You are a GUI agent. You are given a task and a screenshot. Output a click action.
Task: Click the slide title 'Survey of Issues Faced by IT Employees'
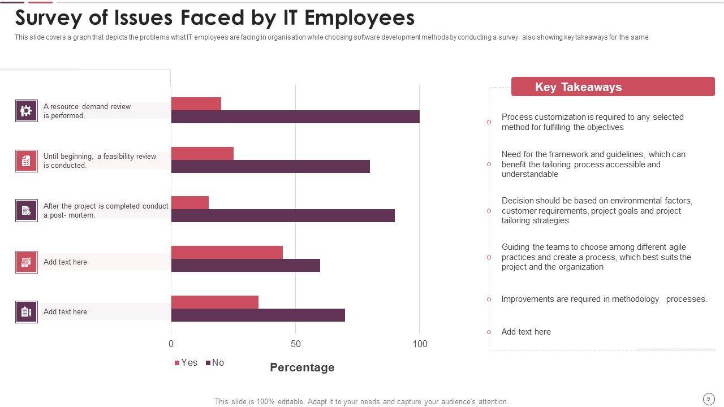coord(215,18)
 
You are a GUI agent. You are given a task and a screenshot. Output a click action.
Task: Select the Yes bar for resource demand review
coord(196,104)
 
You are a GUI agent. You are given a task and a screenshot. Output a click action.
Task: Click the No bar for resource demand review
coord(295,117)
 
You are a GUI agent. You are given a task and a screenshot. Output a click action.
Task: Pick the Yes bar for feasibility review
coord(202,154)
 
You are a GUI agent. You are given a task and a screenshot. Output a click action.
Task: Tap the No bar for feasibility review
coord(270,166)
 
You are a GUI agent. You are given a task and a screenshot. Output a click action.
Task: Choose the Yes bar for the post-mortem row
coord(190,203)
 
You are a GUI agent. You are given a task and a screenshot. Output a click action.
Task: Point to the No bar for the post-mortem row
coord(283,216)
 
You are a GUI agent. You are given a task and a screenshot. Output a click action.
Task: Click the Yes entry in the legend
coord(186,363)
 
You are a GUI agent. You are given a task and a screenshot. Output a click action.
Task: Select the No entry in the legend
coord(215,363)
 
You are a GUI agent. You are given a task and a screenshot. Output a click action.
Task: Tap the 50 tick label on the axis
coord(296,344)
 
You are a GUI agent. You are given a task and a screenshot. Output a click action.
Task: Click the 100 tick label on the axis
coord(420,344)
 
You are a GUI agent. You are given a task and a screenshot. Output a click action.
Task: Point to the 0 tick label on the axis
coord(171,344)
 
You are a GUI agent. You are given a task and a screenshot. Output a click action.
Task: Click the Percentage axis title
coord(302,367)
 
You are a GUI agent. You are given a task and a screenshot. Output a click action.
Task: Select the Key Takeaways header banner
coord(613,87)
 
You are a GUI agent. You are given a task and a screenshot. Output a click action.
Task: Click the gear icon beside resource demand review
coord(27,111)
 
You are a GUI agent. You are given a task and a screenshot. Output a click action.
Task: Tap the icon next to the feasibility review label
coord(27,161)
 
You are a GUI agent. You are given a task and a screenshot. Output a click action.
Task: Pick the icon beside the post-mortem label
coord(27,210)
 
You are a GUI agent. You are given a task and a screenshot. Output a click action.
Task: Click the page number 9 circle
coord(708,399)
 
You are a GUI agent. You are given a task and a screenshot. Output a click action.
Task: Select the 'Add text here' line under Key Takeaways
coord(526,332)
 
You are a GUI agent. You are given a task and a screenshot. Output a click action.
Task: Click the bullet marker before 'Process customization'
coord(489,122)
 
